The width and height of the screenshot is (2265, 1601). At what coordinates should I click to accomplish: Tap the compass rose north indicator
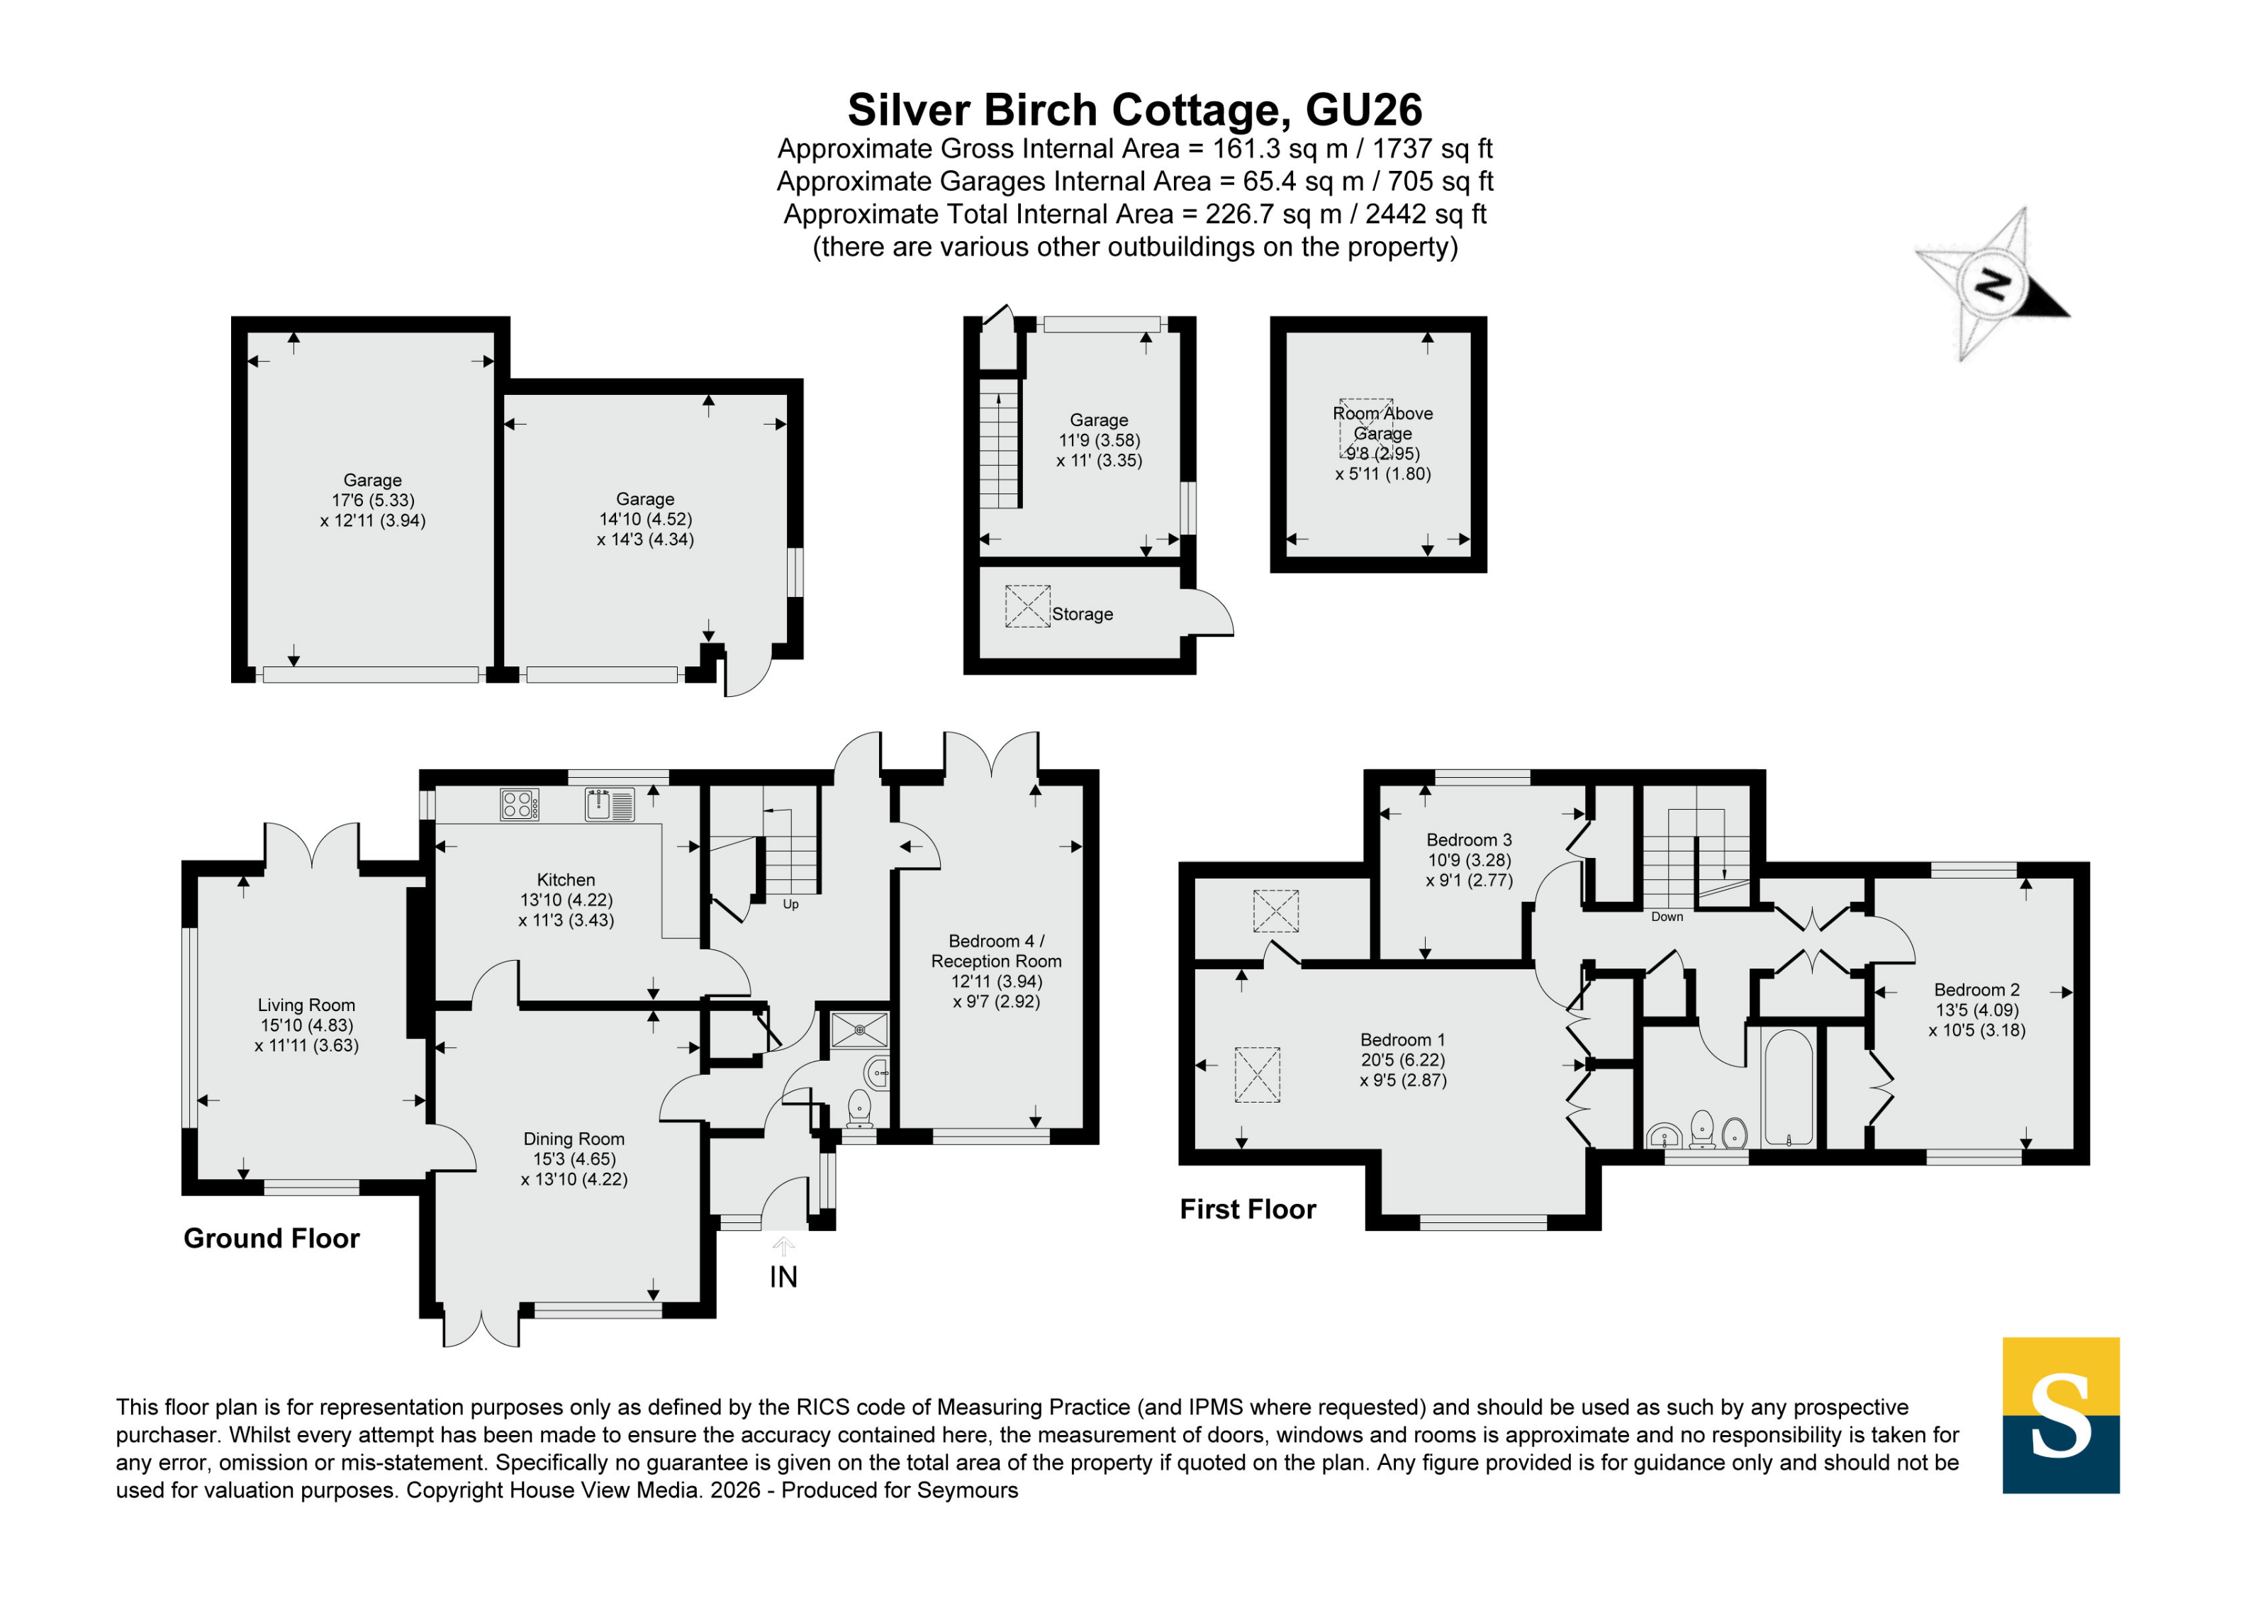pyautogui.click(x=1993, y=284)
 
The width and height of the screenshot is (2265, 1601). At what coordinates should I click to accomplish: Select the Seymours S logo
pyautogui.click(x=2061, y=1415)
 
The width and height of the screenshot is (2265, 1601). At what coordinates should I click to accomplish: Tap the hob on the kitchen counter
pyautogui.click(x=519, y=804)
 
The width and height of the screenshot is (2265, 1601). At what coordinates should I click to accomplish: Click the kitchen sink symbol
pyautogui.click(x=610, y=804)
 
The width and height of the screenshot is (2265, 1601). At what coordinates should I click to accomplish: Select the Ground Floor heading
pyautogui.click(x=272, y=1238)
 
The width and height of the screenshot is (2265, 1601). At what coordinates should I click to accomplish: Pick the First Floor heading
pyautogui.click(x=1248, y=1210)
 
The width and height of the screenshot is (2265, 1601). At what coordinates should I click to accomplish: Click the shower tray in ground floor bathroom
pyautogui.click(x=859, y=1030)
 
